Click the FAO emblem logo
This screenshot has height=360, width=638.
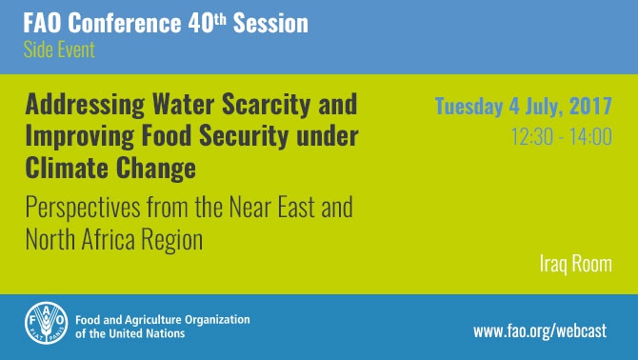[45, 323]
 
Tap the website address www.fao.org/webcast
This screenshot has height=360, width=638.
[541, 331]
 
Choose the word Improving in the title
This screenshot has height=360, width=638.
[80, 136]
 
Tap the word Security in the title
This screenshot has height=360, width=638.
[249, 136]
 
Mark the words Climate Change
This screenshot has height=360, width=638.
[110, 170]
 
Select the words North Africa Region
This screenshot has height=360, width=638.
[114, 239]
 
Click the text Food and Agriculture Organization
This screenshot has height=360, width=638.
[161, 318]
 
